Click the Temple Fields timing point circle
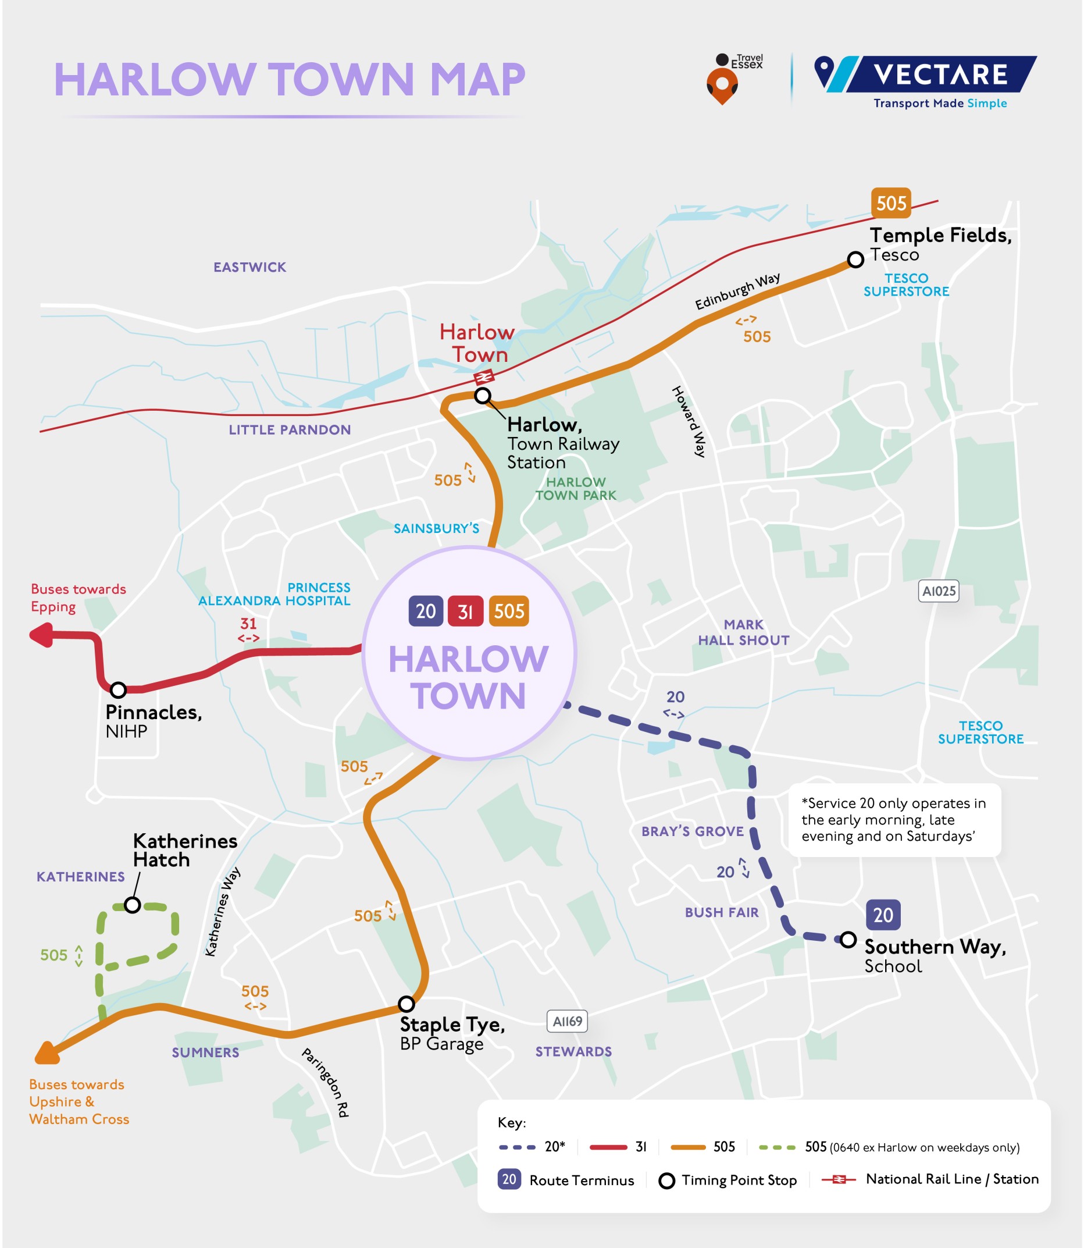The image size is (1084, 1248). coord(855,259)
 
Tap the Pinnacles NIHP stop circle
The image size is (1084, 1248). coord(118,690)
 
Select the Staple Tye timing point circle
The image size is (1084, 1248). coord(406,1004)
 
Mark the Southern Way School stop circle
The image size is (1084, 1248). coord(848,939)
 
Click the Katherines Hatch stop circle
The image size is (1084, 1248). coord(133,905)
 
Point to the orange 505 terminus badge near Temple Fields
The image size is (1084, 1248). coord(890,202)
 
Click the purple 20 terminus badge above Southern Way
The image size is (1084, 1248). coord(883,915)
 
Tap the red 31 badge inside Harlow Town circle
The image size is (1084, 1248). coord(465,611)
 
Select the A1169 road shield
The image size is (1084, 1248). coord(567,1022)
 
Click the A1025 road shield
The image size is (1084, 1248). coord(938,591)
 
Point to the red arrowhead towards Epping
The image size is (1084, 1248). coord(41,635)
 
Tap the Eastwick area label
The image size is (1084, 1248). coord(249,268)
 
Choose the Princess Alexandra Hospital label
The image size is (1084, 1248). coord(274,595)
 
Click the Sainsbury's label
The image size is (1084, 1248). coord(436,528)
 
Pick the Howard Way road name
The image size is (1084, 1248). coord(689,421)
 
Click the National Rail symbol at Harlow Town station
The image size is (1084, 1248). coord(484,378)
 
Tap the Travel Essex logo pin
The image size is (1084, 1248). coord(722,84)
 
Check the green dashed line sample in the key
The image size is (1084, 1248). coord(777,1147)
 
